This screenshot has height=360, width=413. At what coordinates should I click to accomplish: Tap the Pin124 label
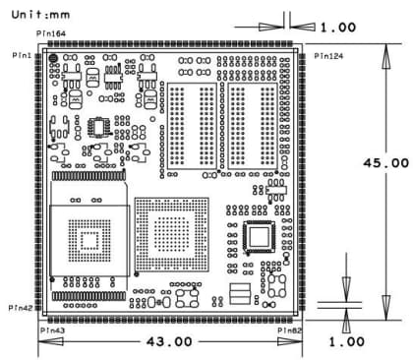point(328,56)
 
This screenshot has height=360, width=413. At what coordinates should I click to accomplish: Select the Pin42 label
point(22,308)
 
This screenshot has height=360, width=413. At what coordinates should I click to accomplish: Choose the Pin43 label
point(55,330)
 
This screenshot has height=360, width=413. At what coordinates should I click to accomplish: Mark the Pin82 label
point(289,331)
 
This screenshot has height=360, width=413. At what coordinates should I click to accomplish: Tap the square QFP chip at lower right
point(261,237)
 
